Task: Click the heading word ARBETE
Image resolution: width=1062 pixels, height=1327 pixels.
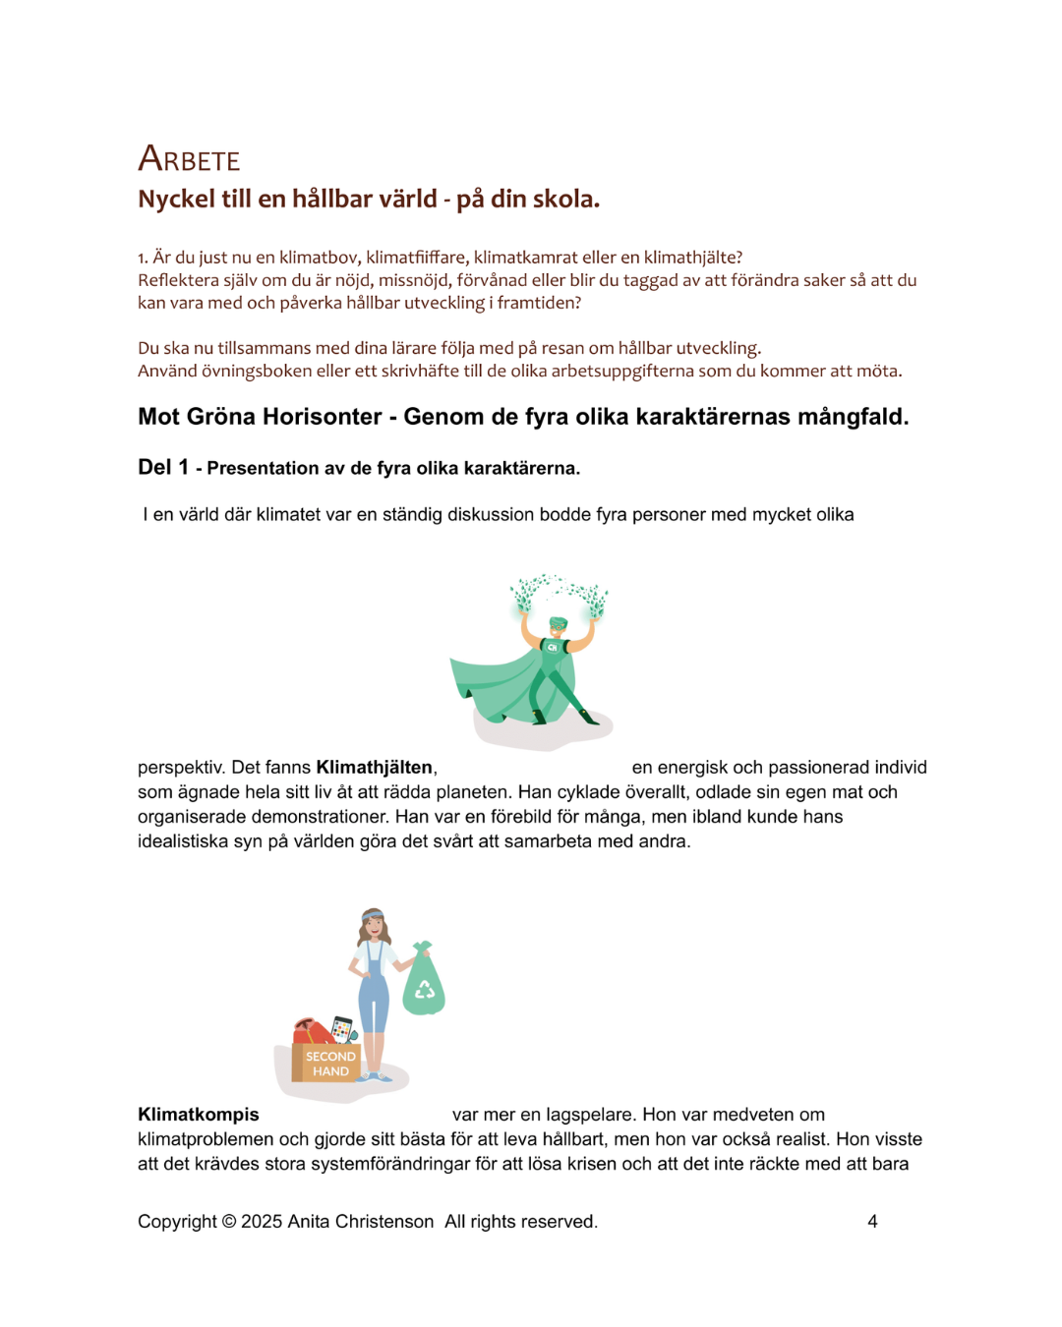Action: click(x=189, y=159)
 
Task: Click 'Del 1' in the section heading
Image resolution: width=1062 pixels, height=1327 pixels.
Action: click(x=162, y=468)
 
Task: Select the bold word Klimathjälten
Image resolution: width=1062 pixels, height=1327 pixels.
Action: click(x=375, y=768)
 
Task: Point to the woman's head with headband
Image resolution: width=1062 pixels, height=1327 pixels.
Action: click(x=372, y=921)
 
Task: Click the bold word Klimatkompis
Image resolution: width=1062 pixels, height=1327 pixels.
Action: click(x=199, y=1115)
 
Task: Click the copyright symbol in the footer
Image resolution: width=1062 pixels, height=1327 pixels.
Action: click(x=228, y=1222)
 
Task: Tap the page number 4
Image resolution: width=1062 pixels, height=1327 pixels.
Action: click(x=872, y=1222)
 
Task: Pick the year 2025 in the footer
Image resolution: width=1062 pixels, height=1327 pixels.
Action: click(x=262, y=1222)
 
